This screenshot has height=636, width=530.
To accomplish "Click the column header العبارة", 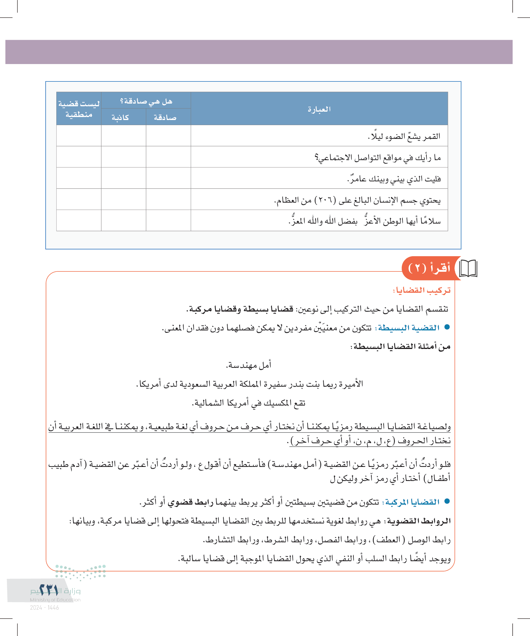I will pyautogui.click(x=319, y=109).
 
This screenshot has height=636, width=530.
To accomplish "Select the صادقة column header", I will pyautogui.click(x=165, y=118).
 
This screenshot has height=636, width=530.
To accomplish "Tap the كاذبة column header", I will pyautogui.click(x=120, y=118).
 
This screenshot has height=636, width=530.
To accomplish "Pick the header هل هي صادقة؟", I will pyautogui.click(x=146, y=101).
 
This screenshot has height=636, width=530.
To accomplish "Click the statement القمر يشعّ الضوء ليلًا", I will pyautogui.click(x=404, y=136).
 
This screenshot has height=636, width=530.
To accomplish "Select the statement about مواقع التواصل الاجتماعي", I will pyautogui.click(x=378, y=157).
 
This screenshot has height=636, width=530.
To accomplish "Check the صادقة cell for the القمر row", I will pyautogui.click(x=168, y=136).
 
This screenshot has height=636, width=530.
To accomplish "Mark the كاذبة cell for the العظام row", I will pyautogui.click(x=123, y=200).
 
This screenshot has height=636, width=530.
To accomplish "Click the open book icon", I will pyautogui.click(x=468, y=268).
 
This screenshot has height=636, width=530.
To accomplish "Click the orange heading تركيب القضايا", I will pyautogui.click(x=422, y=290).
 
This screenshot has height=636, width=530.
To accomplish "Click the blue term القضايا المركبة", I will pyautogui.click(x=412, y=502).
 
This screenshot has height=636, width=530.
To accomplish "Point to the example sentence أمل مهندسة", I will pyautogui.click(x=249, y=365).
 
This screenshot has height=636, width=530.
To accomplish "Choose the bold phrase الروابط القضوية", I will pyautogui.click(x=419, y=521).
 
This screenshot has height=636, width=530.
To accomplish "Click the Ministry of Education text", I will pyautogui.click(x=55, y=600).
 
